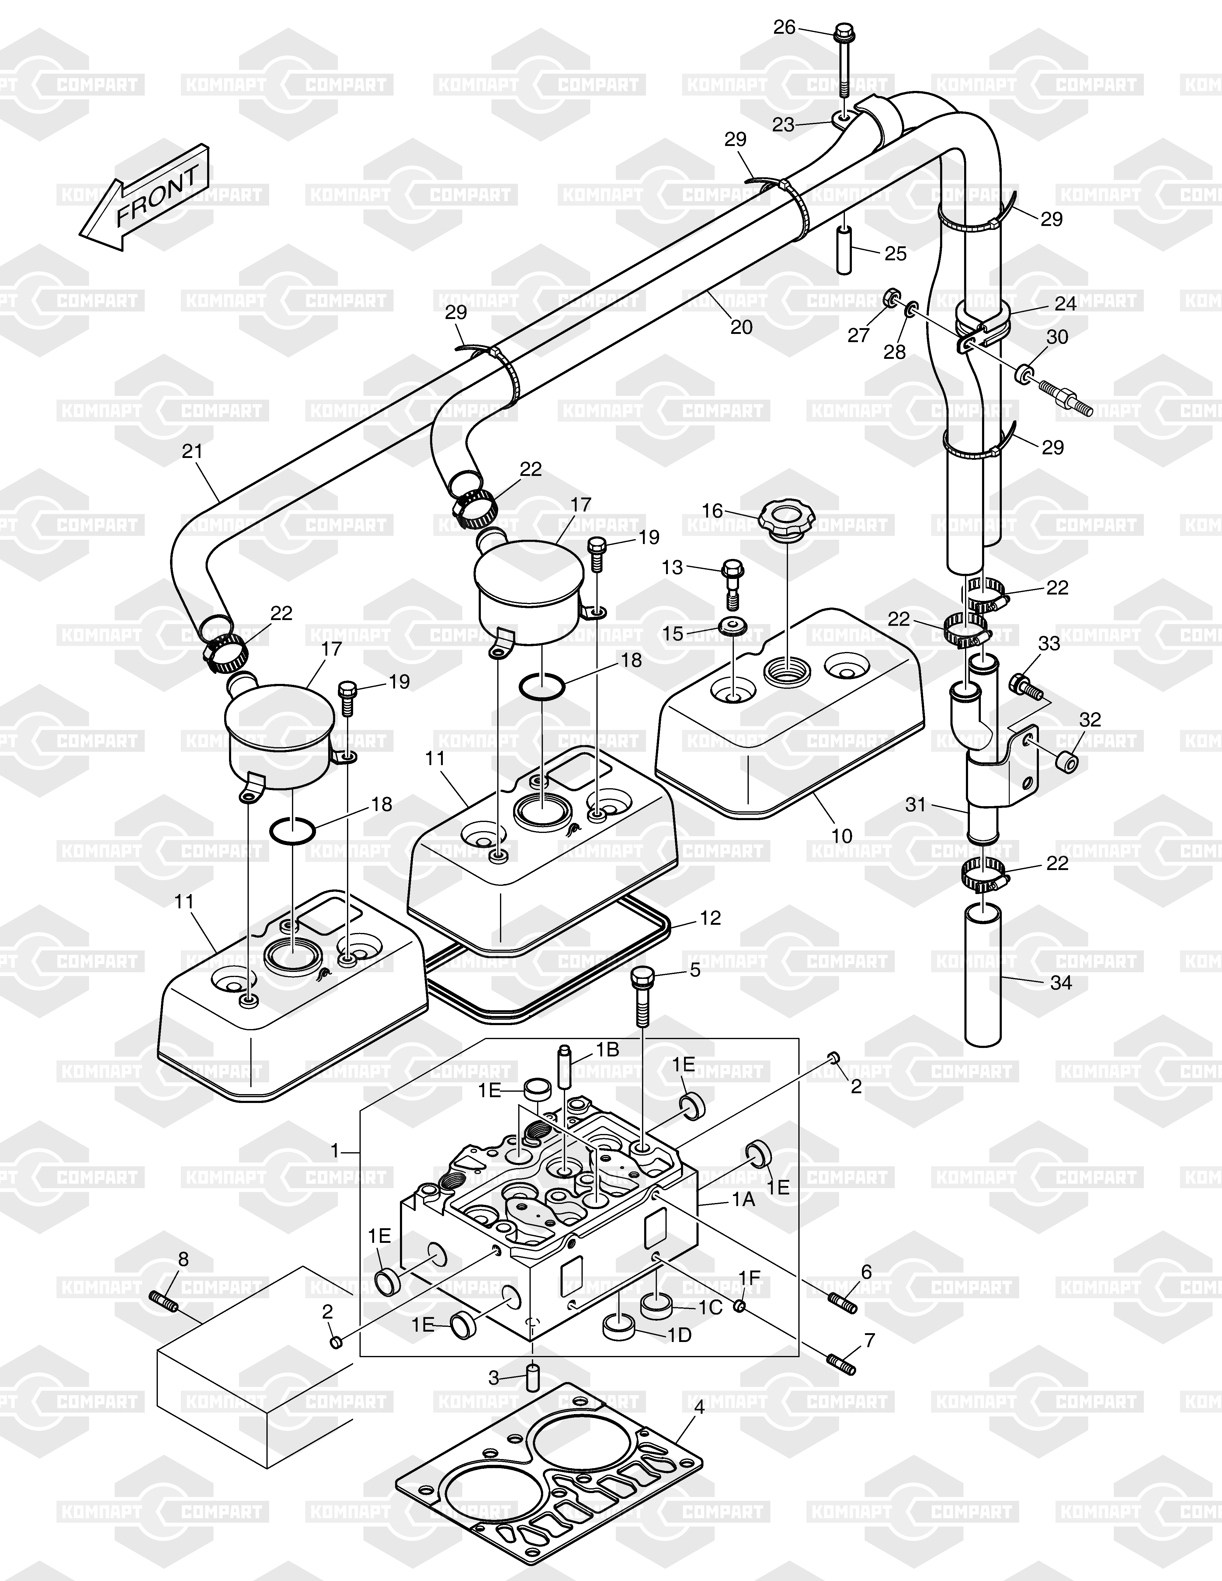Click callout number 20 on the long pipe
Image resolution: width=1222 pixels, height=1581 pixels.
click(x=741, y=327)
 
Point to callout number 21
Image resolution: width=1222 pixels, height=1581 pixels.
click(x=192, y=451)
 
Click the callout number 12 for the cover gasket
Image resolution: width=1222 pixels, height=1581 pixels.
click(x=711, y=918)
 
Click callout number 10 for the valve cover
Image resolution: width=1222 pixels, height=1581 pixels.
click(x=842, y=836)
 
